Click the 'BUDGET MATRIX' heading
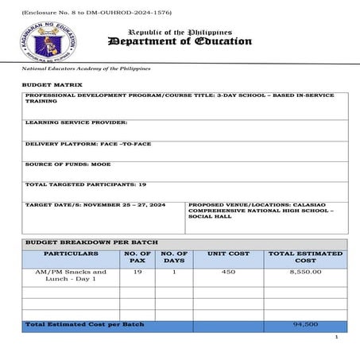click(x=52, y=83)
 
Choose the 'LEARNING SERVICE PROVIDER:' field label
click(x=76, y=122)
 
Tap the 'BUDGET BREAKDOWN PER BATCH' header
click(x=91, y=242)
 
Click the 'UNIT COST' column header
click(x=228, y=254)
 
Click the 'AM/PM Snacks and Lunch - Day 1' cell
click(x=72, y=276)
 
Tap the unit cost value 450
click(x=228, y=272)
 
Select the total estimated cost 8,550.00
click(x=305, y=272)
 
